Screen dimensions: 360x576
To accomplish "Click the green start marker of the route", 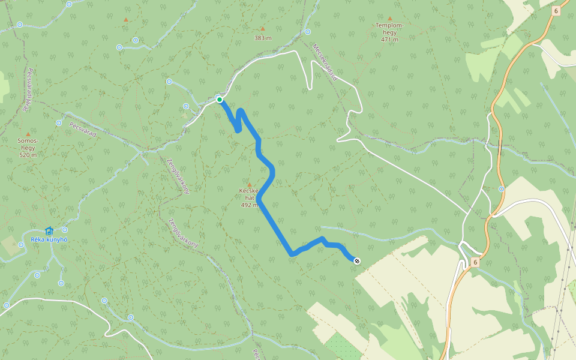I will click(x=220, y=100).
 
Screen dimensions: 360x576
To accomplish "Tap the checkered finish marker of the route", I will click(x=357, y=260).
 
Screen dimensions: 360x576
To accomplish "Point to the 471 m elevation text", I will click(x=389, y=40).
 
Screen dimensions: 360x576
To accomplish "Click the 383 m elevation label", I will click(x=263, y=38).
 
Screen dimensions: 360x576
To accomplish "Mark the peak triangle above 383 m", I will click(x=262, y=28).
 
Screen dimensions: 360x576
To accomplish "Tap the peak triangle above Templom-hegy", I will click(x=389, y=19).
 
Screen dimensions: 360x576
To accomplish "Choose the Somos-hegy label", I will click(x=28, y=144).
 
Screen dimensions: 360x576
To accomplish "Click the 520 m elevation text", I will click(x=28, y=155).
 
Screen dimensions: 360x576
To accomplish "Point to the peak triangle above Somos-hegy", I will click(x=28, y=133).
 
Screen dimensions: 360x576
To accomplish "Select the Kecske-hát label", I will click(x=249, y=194).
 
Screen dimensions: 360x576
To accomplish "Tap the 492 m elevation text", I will click(x=250, y=205).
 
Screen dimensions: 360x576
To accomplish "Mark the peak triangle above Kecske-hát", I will click(x=250, y=184).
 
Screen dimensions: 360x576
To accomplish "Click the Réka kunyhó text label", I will click(x=49, y=240).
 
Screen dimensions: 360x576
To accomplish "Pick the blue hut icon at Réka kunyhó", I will click(x=49, y=230).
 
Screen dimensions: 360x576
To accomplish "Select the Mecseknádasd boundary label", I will click(x=325, y=62).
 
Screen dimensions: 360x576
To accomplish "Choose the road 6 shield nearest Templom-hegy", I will click(x=556, y=11).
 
